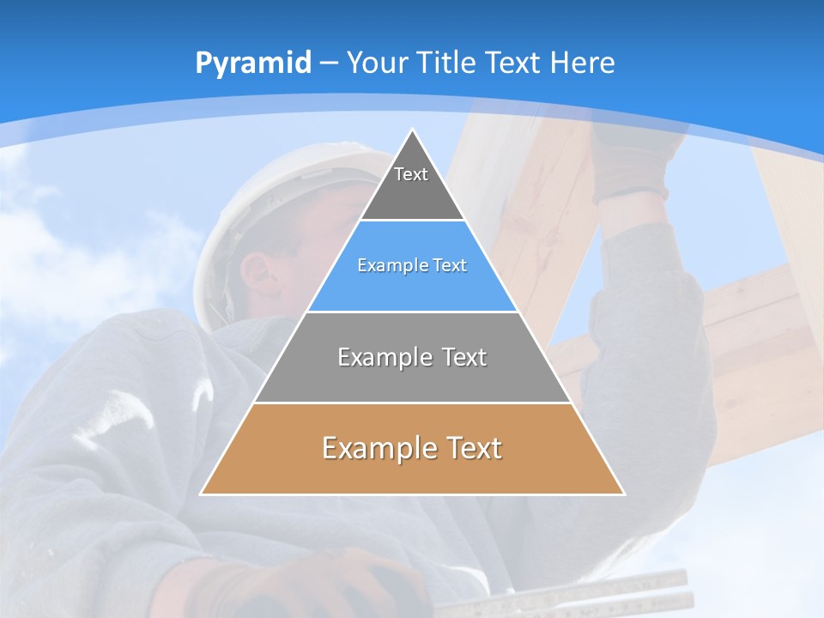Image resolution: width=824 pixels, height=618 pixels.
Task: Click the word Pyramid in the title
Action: [x=253, y=64]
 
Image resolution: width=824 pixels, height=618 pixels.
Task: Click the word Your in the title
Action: [x=378, y=63]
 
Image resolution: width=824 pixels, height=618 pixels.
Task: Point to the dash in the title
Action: [x=329, y=64]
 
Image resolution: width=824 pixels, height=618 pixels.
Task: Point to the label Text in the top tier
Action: [x=411, y=174]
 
